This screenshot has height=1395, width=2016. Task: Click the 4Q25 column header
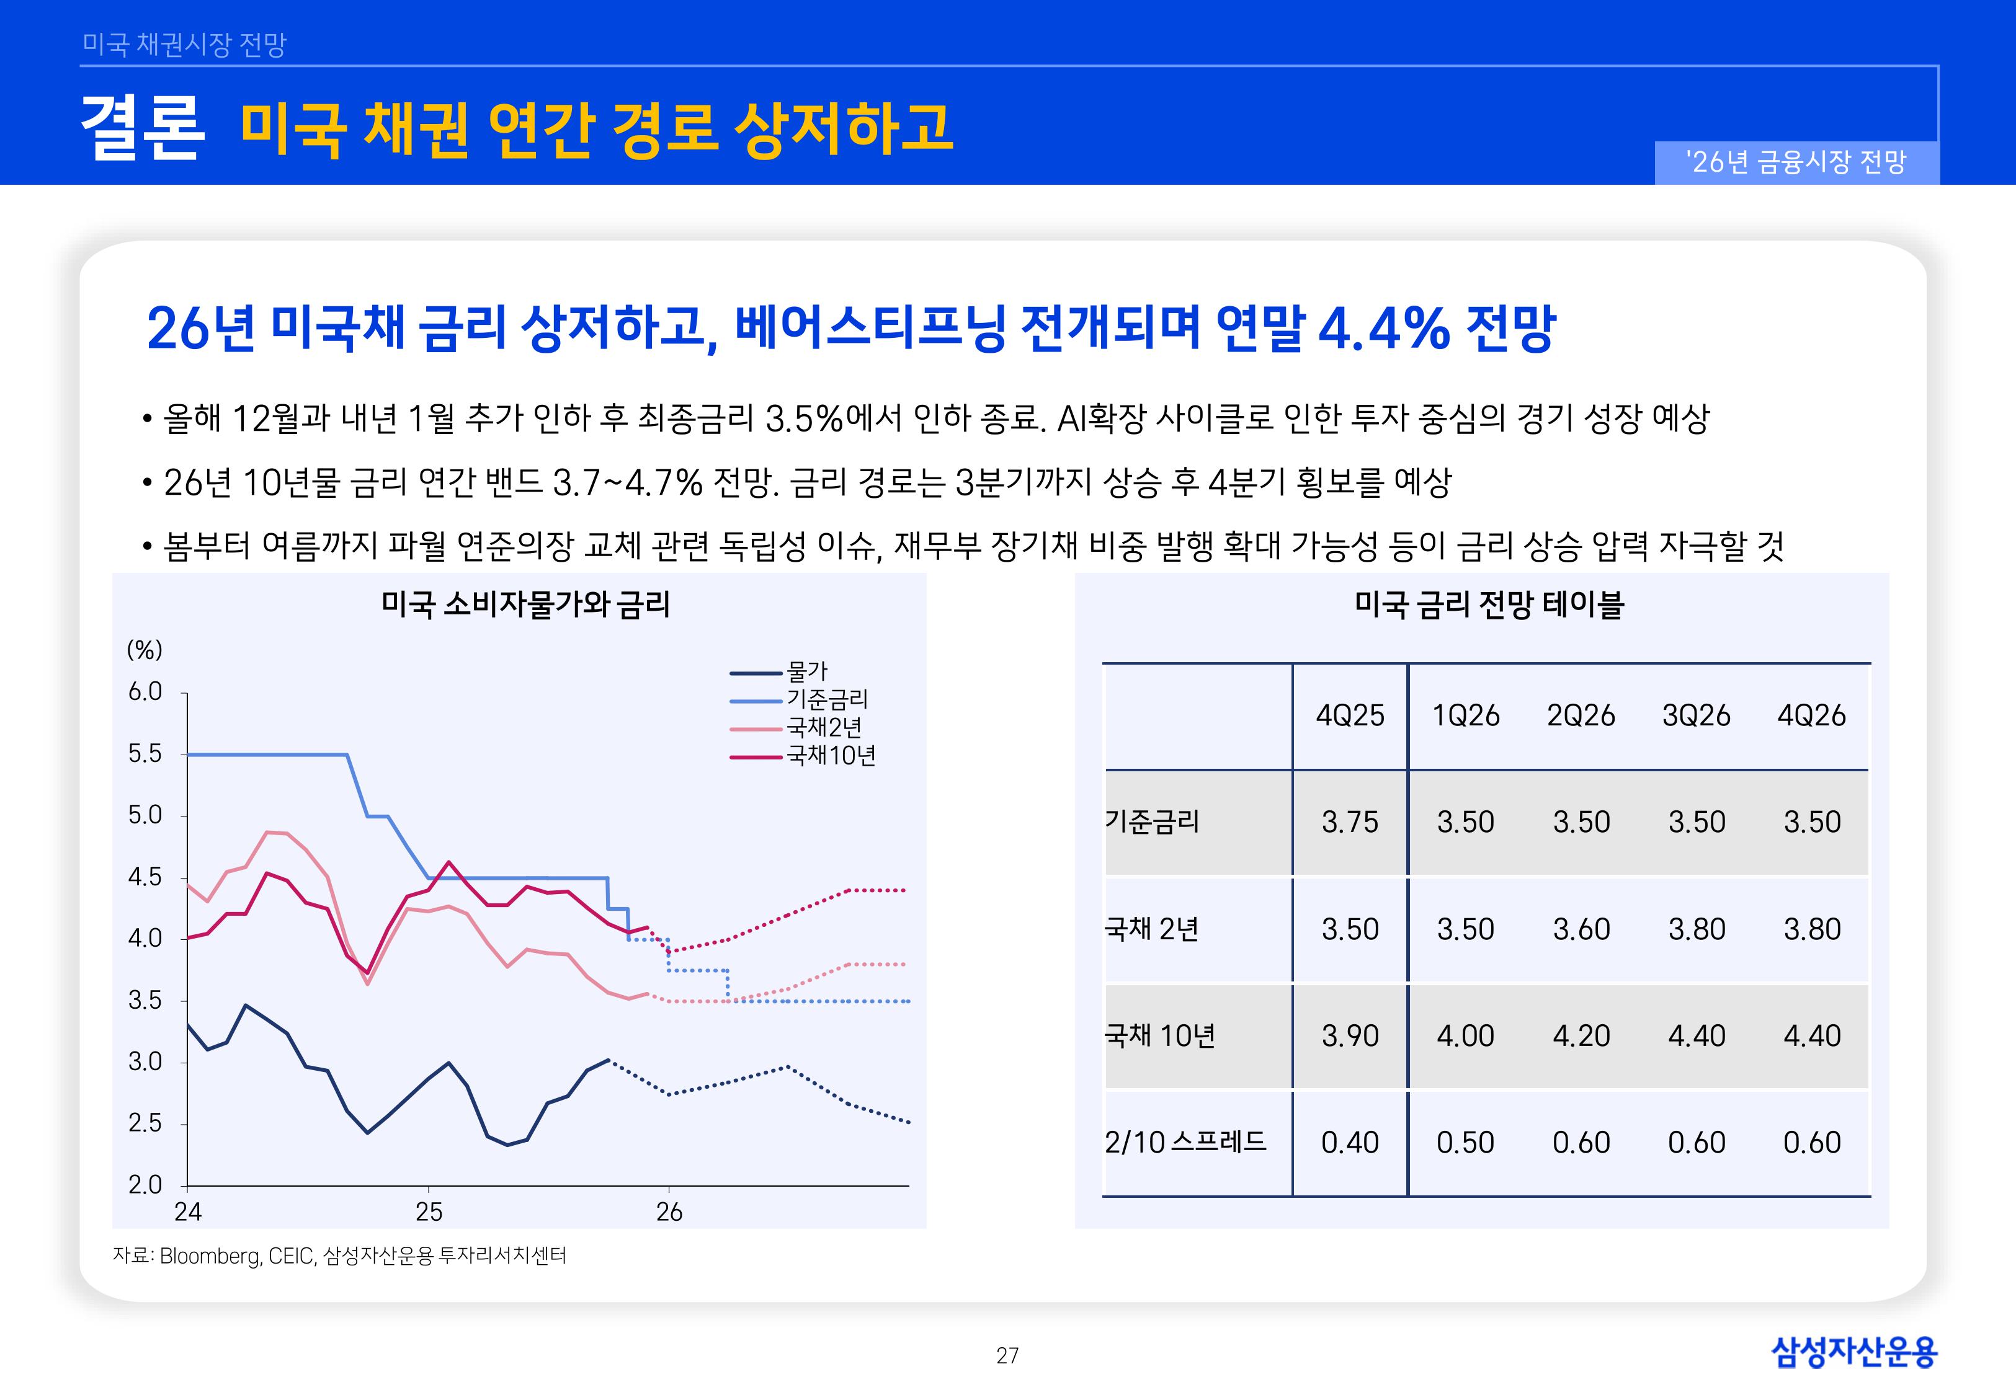click(x=1350, y=716)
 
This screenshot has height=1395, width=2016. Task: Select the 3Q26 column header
click(x=1696, y=716)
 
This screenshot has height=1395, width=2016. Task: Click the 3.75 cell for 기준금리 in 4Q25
click(x=1350, y=823)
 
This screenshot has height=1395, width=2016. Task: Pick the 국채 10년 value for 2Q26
click(x=1581, y=1036)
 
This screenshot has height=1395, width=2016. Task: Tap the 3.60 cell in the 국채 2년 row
click(x=1581, y=929)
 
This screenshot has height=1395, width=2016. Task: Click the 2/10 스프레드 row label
click(x=1185, y=1143)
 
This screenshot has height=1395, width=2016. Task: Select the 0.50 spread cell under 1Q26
click(x=1465, y=1143)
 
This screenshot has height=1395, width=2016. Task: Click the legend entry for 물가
click(x=806, y=672)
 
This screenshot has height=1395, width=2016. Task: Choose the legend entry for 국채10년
click(x=831, y=756)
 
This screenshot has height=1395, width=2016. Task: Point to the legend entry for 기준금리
click(x=826, y=700)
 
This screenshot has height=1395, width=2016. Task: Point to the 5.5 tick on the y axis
click(x=145, y=753)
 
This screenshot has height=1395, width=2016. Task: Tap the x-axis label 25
click(x=429, y=1212)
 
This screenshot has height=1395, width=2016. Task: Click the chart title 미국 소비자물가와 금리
click(x=525, y=604)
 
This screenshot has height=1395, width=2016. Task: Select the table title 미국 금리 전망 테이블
click(x=1488, y=604)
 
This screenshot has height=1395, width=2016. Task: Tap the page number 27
click(x=1007, y=1356)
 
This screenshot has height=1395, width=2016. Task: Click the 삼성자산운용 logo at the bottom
click(x=1853, y=1352)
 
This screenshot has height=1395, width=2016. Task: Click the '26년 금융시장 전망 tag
click(x=1796, y=162)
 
